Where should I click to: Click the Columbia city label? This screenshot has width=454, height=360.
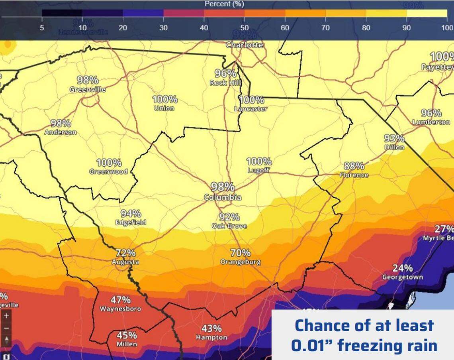pyautogui.click(x=223, y=197)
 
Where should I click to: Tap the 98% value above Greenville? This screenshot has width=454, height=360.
pyautogui.click(x=88, y=80)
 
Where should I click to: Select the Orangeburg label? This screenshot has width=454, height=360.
pyautogui.click(x=241, y=262)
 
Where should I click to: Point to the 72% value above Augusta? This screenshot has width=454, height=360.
pyautogui.click(x=125, y=253)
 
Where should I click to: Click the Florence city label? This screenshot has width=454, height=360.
pyautogui.click(x=354, y=175)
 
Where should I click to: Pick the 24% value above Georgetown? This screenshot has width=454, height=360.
pyautogui.click(x=402, y=268)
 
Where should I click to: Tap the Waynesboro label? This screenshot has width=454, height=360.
pyautogui.click(x=120, y=309)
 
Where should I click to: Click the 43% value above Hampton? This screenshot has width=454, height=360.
pyautogui.click(x=211, y=329)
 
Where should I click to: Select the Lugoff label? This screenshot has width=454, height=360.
pyautogui.click(x=258, y=170)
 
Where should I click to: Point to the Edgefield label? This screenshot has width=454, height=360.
pyautogui.click(x=131, y=222)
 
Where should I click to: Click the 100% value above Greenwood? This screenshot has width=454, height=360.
pyautogui.click(x=109, y=163)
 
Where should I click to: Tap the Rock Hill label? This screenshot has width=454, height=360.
pyautogui.click(x=225, y=83)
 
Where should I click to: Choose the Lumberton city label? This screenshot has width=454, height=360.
pyautogui.click(x=431, y=122)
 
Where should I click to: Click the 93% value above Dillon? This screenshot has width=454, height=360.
pyautogui.click(x=394, y=138)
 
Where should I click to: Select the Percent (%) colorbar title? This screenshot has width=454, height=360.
pyautogui.click(x=224, y=4)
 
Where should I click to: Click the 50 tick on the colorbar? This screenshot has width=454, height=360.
pyautogui.click(x=245, y=28)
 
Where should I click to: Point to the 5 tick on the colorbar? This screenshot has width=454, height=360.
pyautogui.click(x=42, y=28)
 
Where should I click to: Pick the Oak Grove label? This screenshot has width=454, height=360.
pyautogui.click(x=229, y=226)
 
